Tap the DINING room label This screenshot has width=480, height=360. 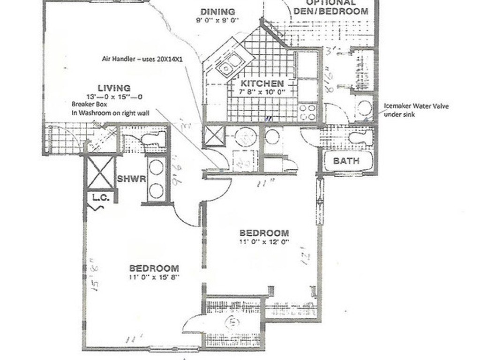[x=217, y=12]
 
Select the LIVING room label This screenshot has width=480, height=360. [x=114, y=88]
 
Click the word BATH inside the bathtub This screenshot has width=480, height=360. [x=346, y=161]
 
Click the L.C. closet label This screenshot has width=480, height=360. [x=101, y=198]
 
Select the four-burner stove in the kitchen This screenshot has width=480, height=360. [x=307, y=112]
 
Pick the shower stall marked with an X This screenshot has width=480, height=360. [x=101, y=172]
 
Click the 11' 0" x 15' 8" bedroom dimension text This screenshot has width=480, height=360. [x=154, y=277]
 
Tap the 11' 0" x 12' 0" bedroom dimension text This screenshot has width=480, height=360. [x=264, y=241]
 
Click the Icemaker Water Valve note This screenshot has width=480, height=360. [x=416, y=106]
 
